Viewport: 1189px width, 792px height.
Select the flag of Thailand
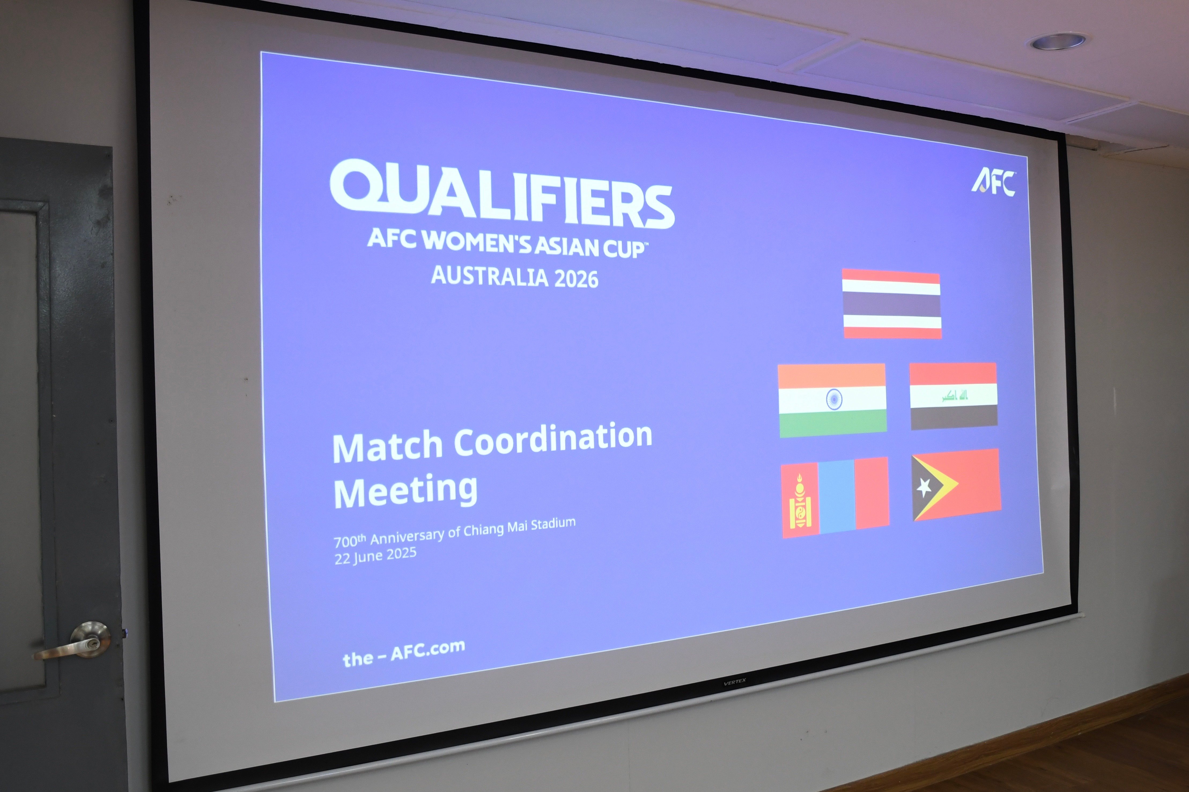pyautogui.click(x=892, y=304)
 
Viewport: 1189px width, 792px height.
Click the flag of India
pyautogui.click(x=832, y=400)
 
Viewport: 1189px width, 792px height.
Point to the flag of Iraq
pyautogui.click(x=953, y=396)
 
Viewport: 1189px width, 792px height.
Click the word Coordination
pyautogui.click(x=553, y=439)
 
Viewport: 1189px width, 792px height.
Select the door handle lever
pyautogui.click(x=73, y=642)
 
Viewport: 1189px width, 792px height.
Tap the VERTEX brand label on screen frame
pyautogui.click(x=734, y=682)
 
